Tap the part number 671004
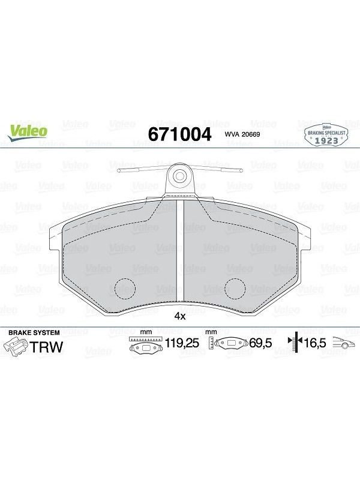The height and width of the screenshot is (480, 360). click(x=179, y=134)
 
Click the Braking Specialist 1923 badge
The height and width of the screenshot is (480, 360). click(x=326, y=136)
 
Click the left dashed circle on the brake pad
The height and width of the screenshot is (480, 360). click(x=125, y=289)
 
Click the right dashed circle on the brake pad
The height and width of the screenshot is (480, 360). click(x=235, y=289)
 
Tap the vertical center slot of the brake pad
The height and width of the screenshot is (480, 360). click(x=180, y=250)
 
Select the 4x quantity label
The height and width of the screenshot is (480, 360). click(x=179, y=316)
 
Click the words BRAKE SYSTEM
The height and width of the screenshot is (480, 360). click(x=34, y=332)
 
